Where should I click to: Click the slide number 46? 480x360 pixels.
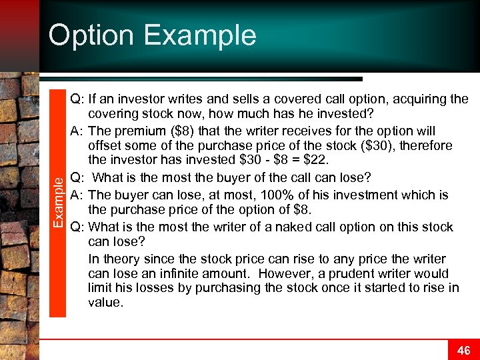(x=463, y=350)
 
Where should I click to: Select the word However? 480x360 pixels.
(x=286, y=274)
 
